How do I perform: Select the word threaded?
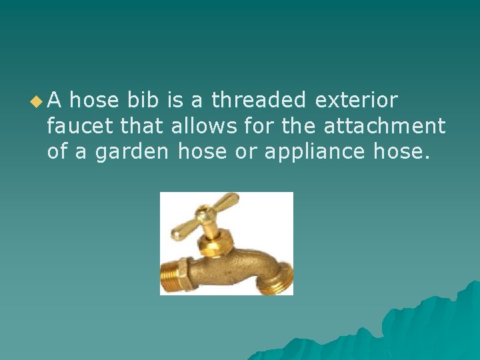pyautogui.click(x=259, y=101)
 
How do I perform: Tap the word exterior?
pyautogui.click(x=356, y=101)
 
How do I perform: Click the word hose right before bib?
pyautogui.click(x=95, y=101)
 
